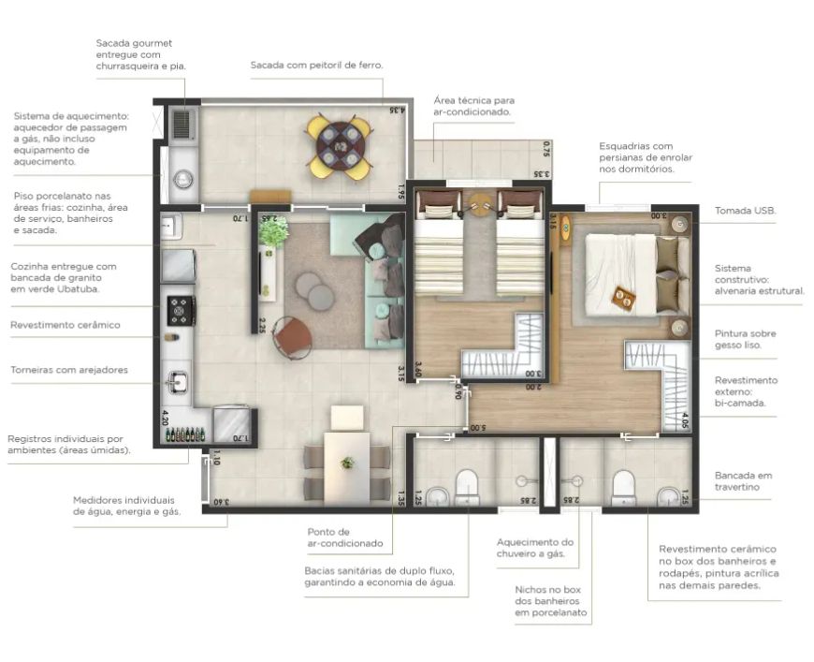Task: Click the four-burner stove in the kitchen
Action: point(181,310)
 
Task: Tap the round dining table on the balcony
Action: point(340,146)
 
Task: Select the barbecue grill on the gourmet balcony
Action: point(182,124)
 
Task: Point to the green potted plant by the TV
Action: point(273,232)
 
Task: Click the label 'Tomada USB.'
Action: point(745,211)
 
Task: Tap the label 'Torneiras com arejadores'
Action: point(69,370)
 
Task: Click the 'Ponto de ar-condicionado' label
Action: point(345,537)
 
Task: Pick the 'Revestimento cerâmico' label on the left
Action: point(65,325)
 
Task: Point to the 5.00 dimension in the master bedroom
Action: point(477,429)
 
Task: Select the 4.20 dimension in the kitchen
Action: point(165,418)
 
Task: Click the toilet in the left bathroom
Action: point(467,488)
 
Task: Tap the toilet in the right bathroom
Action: point(623,488)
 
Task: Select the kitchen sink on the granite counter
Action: point(177,382)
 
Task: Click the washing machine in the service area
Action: point(182,179)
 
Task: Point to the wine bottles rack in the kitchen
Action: point(185,434)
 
